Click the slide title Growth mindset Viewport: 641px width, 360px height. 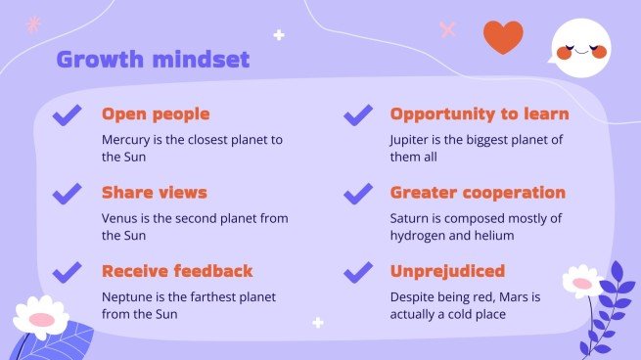[153, 60]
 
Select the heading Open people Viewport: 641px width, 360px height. [156, 114]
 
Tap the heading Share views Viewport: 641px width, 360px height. [155, 193]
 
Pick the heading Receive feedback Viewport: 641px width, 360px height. [177, 271]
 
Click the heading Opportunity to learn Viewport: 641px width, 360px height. [479, 114]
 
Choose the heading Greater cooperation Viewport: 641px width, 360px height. [478, 193]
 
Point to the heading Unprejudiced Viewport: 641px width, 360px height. [447, 271]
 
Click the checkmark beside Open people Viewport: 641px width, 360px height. [68, 115]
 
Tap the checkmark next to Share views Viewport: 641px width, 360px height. [68, 194]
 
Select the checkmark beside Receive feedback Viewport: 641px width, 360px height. [68, 272]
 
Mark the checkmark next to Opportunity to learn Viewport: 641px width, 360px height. [358, 115]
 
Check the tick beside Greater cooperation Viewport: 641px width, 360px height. [358, 194]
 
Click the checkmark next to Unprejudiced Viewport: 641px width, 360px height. [358, 272]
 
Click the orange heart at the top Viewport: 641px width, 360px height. [504, 36]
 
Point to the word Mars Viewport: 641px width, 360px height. [514, 296]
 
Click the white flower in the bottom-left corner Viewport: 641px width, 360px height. [41, 315]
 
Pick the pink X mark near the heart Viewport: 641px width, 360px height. [449, 29]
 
